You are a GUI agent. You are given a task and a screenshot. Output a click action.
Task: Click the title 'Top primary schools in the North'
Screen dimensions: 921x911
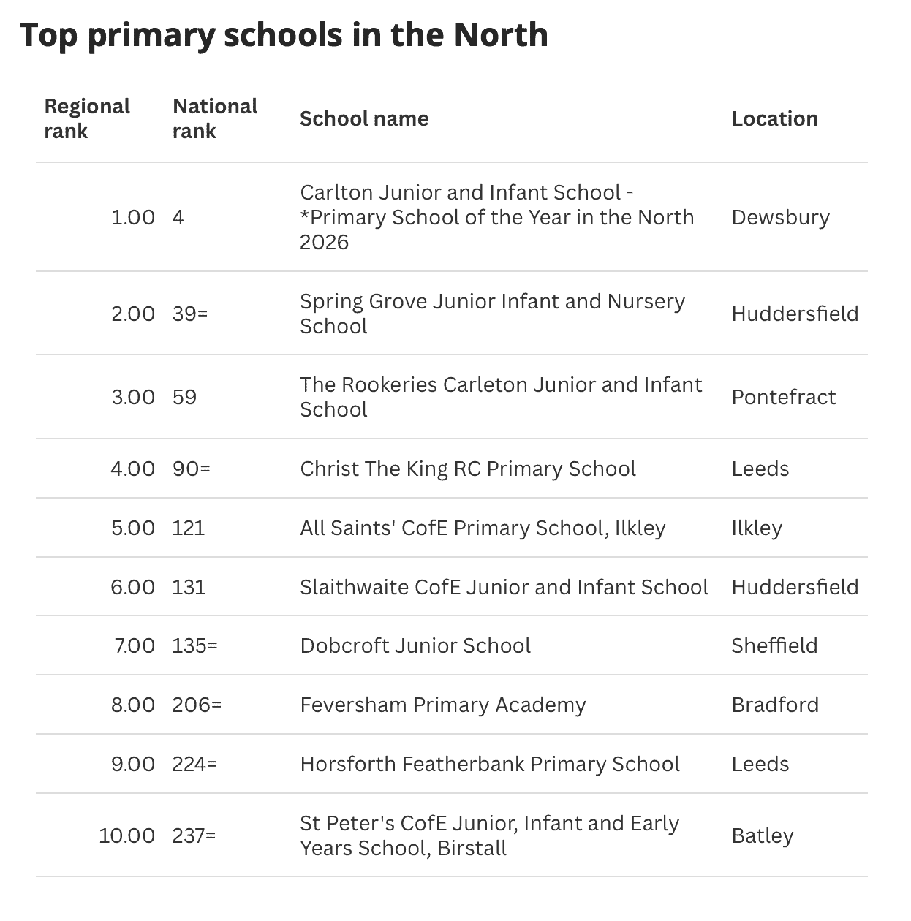pos(284,35)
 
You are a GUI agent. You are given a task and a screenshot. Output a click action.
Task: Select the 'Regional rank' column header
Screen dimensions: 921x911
pos(86,118)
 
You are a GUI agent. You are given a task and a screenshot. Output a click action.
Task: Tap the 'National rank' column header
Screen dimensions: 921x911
pos(214,118)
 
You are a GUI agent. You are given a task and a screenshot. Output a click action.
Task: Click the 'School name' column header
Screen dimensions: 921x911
pos(364,118)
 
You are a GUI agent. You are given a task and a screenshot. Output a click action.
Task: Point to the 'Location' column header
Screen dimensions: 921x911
pos(774,118)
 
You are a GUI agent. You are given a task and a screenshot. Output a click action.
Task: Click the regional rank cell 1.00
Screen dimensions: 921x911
pos(132,217)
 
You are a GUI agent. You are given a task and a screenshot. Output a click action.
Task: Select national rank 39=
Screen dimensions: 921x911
pos(190,314)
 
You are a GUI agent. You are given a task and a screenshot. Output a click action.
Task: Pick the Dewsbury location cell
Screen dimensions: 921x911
pos(780,217)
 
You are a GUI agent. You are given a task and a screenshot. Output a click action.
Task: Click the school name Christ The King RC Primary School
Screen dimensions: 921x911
pos(468,469)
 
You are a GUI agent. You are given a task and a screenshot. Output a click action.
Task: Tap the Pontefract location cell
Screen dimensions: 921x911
pos(783,397)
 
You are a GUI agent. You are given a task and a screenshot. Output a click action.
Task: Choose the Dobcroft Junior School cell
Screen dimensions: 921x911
pos(415,645)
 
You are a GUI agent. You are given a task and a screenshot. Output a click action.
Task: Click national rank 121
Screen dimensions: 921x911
pos(189,528)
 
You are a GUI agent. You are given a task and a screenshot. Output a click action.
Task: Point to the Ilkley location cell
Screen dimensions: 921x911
pos(757,528)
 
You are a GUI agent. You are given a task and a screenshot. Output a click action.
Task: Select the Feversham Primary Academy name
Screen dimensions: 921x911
pos(443,705)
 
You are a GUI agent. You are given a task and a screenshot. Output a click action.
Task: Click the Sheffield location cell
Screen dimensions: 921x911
pos(774,645)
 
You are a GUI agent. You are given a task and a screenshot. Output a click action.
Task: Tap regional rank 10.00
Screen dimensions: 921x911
pos(126,835)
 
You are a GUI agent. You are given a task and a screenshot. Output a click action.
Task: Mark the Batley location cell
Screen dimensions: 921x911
pos(762,835)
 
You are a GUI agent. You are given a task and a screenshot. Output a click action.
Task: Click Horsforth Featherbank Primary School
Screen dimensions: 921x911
pos(490,764)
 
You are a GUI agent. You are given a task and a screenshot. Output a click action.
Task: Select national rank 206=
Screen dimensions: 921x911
pos(197,705)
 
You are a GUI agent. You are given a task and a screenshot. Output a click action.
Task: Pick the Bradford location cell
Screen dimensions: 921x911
pos(775,705)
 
